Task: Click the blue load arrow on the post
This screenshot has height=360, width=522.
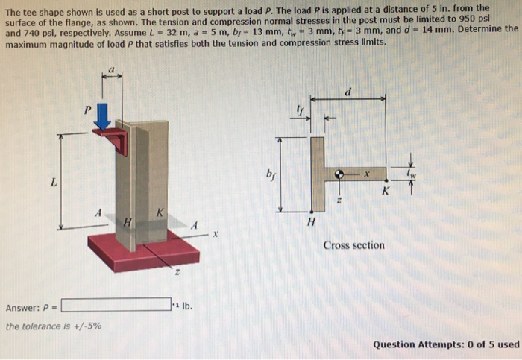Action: pos(103,116)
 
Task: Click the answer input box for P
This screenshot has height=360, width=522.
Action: pos(116,304)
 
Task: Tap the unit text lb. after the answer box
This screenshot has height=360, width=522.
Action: pos(183,305)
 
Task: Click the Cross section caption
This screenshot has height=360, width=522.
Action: pos(353,245)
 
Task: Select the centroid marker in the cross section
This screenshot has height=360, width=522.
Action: pos(340,174)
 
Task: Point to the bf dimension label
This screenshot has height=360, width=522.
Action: pos(269,177)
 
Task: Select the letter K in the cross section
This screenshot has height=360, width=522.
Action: pos(386,191)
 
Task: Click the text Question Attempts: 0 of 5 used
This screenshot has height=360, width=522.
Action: pos(445,344)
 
